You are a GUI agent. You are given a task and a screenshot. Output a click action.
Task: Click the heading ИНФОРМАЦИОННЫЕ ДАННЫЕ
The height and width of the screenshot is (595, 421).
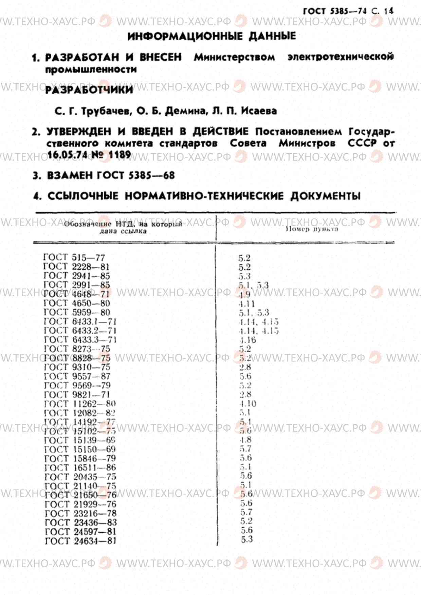pos(212,36)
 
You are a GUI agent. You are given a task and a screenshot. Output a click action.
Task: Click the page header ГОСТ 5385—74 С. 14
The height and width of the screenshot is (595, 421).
pos(348,11)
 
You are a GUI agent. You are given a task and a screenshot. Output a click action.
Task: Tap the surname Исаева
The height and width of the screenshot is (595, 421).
pos(259,111)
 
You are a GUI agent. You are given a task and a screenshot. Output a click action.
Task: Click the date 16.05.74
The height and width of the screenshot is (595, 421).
pos(67,155)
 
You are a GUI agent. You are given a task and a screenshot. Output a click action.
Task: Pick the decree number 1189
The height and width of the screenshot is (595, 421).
pos(120,155)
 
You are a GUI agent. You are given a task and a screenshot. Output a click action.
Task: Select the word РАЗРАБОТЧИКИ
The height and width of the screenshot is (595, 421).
pos(89,90)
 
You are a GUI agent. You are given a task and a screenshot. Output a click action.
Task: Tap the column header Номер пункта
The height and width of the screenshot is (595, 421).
pos(312,229)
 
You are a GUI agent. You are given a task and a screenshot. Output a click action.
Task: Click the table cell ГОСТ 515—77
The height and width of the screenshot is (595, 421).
pos(74,258)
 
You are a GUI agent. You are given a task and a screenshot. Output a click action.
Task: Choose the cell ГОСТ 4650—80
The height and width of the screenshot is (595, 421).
pos(77,303)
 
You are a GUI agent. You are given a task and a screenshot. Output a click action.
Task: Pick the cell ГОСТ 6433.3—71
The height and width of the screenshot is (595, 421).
pos(80,340)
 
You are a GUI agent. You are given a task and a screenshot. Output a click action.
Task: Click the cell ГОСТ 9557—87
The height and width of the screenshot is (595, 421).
pos(77,376)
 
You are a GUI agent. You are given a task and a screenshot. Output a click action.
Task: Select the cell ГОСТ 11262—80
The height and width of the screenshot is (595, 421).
pos(80,404)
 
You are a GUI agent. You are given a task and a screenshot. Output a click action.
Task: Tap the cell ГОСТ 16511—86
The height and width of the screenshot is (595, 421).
pos(80,468)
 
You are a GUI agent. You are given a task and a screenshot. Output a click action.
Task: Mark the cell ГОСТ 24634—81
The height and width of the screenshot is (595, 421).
pos(80,541)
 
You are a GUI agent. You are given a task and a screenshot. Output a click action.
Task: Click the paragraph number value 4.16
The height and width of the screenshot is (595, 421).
pos(248,340)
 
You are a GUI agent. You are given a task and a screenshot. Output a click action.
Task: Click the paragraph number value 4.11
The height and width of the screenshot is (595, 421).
pos(246,304)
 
